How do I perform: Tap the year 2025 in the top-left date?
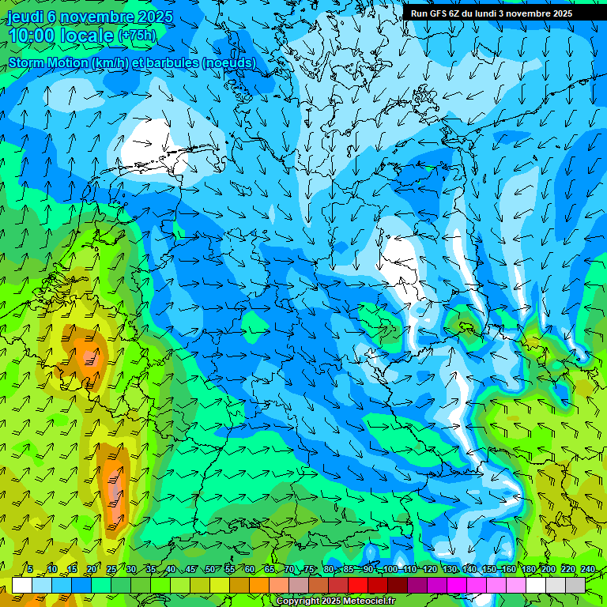click(x=154, y=17)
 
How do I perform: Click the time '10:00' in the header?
click(x=32, y=36)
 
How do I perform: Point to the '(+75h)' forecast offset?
click(x=138, y=36)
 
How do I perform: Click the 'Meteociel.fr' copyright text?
click(x=367, y=601)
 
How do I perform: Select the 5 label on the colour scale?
click(x=29, y=569)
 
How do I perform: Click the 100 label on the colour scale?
click(x=389, y=569)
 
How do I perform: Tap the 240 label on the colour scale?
click(x=588, y=569)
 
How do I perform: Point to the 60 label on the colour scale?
click(x=250, y=569)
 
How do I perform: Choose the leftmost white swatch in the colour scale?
click(x=22, y=585)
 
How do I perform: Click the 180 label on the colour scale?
click(x=528, y=569)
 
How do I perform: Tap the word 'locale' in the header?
click(x=86, y=36)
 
